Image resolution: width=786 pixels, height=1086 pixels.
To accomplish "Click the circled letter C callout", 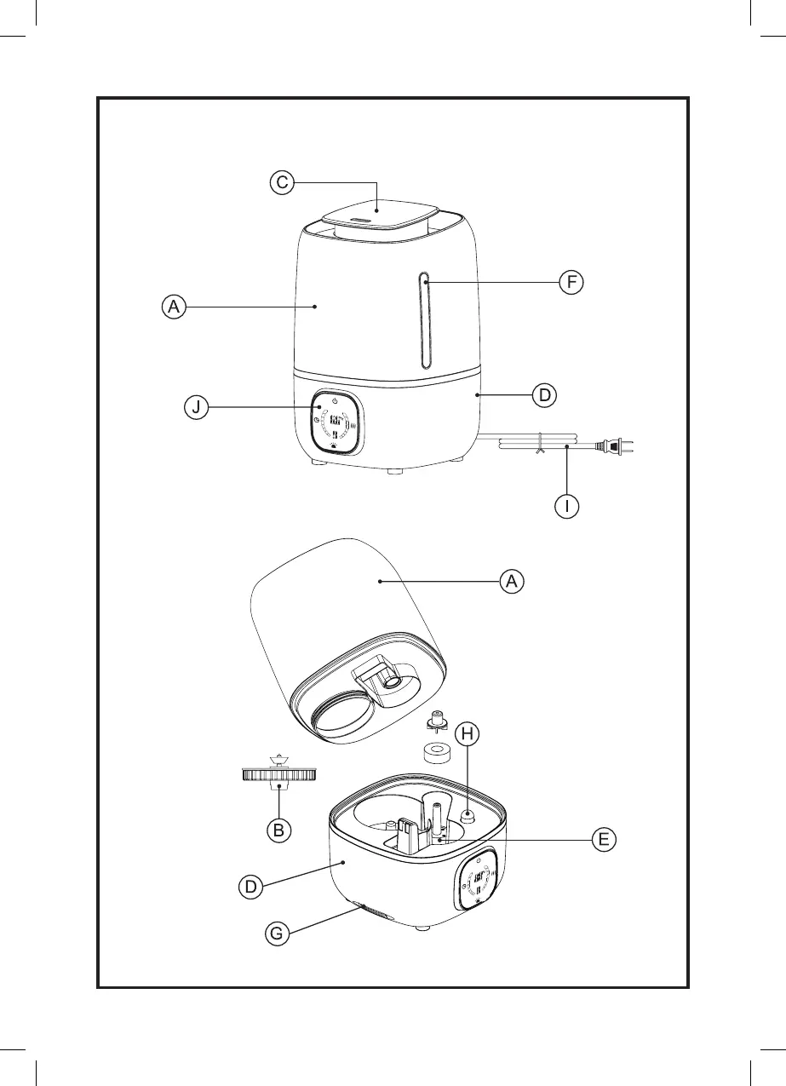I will tap(283, 182).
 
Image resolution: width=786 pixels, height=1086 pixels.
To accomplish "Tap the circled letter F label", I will tap(571, 282).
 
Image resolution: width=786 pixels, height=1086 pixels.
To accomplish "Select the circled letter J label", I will tap(197, 408).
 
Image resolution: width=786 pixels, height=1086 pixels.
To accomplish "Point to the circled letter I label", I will tap(567, 506).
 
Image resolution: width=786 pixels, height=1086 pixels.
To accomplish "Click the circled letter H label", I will tap(467, 733).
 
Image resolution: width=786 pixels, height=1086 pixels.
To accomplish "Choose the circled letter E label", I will tap(603, 840).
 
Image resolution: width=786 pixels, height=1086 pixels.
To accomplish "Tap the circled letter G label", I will tap(275, 934).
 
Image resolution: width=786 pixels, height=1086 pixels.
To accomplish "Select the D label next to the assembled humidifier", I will tap(544, 395).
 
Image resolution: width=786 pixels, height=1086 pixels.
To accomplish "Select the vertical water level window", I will tap(424, 320).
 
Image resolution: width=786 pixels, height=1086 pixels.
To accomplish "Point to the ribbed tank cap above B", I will tap(279, 774).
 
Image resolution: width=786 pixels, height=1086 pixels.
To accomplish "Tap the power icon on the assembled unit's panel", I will tap(336, 400).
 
